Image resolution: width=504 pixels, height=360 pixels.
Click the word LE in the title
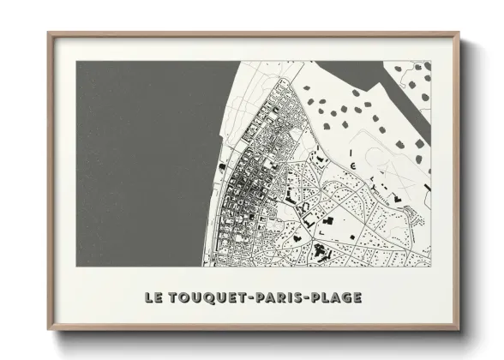154,298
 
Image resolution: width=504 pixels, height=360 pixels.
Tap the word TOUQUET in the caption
205,298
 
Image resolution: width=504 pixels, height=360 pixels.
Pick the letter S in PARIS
294,298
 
